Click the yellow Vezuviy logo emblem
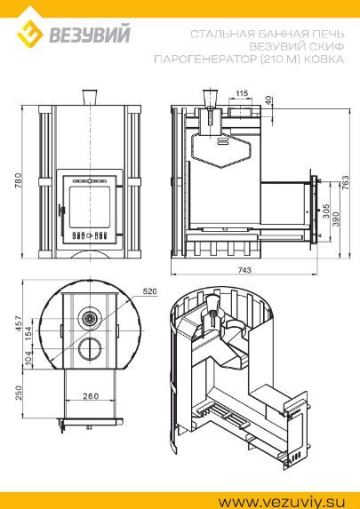(x=29, y=34)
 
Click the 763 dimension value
(x=345, y=183)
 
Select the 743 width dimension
(x=244, y=270)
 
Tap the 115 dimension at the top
(x=242, y=93)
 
